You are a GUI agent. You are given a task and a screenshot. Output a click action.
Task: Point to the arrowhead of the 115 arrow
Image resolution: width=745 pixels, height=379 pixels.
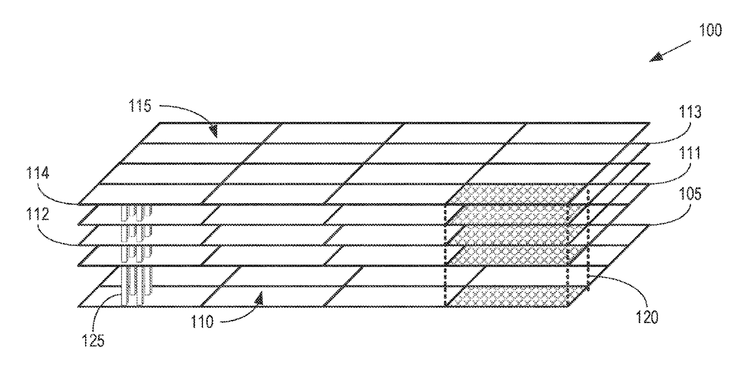tap(213, 131)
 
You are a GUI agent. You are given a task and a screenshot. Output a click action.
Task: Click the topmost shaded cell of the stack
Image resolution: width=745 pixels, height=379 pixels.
tap(515, 194)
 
